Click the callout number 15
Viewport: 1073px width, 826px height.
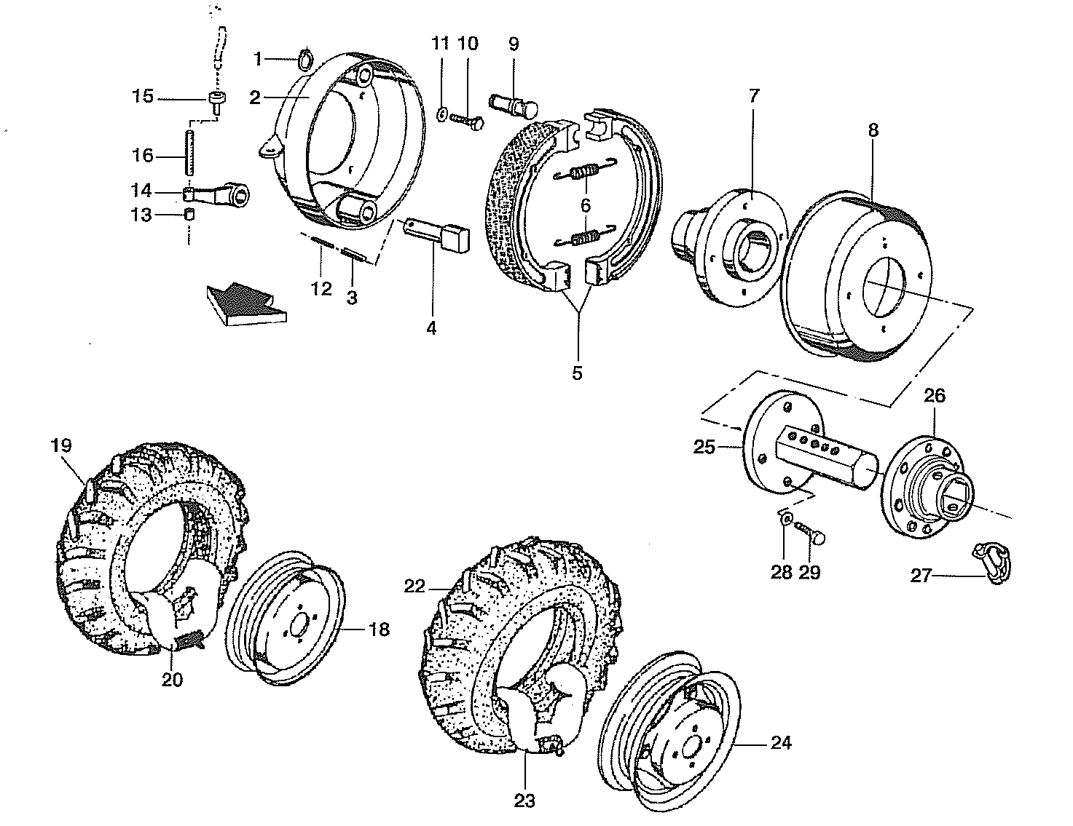143,97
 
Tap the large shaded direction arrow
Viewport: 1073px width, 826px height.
245,301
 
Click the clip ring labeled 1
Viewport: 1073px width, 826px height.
306,56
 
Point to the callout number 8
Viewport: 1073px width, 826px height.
873,130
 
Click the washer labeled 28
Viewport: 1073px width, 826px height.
785,519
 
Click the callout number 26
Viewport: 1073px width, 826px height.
935,397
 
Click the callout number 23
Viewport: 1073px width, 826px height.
524,801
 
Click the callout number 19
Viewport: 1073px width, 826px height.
61,445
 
